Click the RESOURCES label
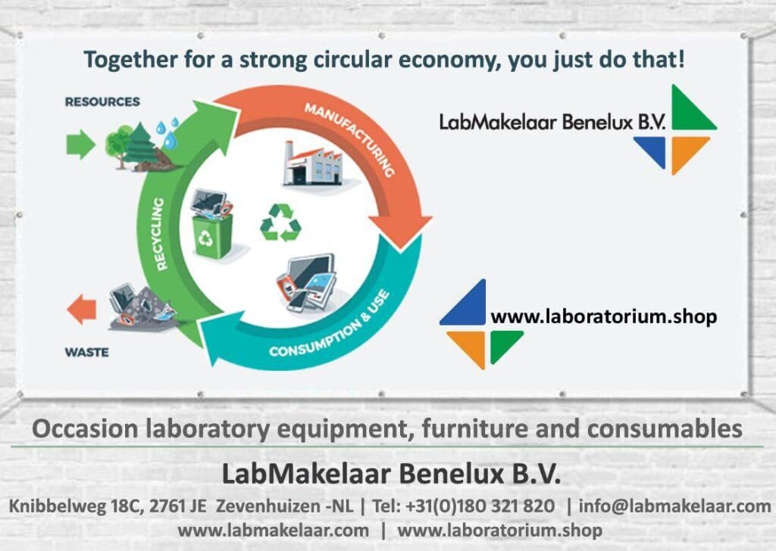(102, 101)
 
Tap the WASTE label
(86, 352)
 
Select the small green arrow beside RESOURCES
(80, 144)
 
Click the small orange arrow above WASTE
(82, 309)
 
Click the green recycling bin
(212, 235)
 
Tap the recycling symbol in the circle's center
(280, 223)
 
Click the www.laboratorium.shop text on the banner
(603, 316)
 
